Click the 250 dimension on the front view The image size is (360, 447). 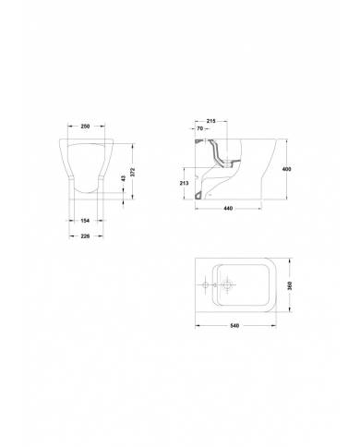85,127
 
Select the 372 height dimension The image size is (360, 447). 133,172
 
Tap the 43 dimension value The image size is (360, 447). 124,178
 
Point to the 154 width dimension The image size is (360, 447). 85,221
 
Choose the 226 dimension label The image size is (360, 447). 85,236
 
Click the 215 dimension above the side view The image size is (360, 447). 210,121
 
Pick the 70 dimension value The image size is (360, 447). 199,128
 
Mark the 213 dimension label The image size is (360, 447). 184,183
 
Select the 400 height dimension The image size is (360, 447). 286,169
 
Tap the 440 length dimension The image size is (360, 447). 228,209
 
